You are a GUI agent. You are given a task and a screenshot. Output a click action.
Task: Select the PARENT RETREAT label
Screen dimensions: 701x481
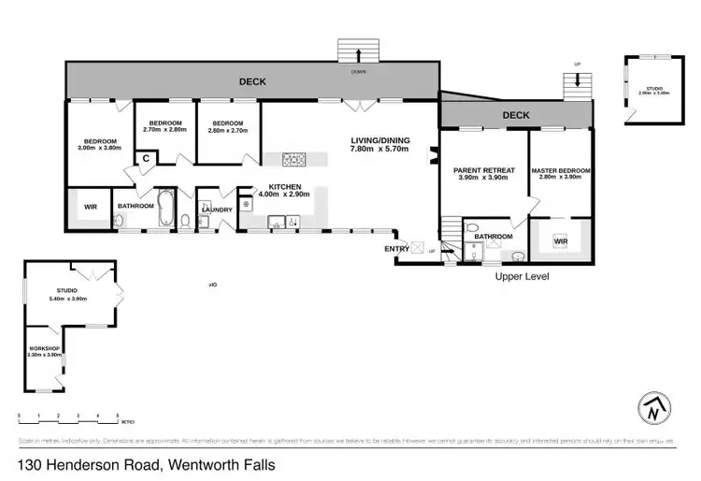tap(479, 170)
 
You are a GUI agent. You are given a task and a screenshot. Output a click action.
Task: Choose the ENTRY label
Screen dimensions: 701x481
tap(395, 248)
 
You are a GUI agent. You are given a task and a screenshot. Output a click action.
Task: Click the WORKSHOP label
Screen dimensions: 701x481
tap(45, 349)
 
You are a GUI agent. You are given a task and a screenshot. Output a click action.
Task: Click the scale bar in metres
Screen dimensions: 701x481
tap(68, 416)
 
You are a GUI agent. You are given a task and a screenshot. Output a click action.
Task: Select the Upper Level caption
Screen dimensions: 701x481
tap(522, 277)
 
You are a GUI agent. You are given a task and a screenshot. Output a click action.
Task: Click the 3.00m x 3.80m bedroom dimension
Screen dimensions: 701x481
tap(99, 148)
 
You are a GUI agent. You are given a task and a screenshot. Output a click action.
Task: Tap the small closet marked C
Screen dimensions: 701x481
tap(146, 159)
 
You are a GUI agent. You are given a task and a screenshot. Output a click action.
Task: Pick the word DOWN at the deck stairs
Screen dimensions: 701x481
tap(358, 72)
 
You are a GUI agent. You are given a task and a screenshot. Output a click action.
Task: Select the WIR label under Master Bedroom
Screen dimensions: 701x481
tap(561, 241)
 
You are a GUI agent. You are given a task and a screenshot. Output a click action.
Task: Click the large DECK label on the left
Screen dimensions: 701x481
tap(253, 81)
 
